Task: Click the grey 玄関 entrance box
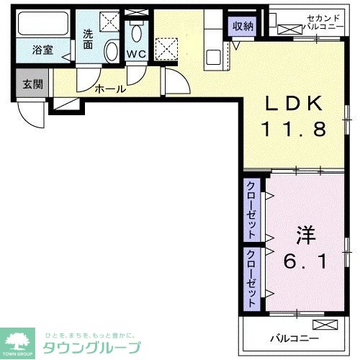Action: (x=32, y=84)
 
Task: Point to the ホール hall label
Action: (x=111, y=89)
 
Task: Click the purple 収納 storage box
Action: (x=243, y=26)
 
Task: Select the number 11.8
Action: (x=293, y=130)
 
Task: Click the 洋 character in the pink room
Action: (x=306, y=235)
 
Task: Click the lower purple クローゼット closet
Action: (x=252, y=277)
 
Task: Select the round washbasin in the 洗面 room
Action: (x=112, y=50)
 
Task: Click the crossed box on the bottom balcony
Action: (x=325, y=324)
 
